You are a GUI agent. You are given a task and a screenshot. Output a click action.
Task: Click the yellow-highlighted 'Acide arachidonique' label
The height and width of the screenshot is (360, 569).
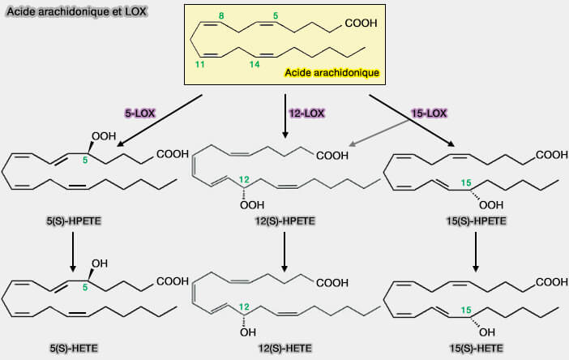click(x=332, y=73)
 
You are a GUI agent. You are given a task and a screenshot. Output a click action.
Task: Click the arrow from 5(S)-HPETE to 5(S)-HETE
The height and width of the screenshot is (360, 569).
click(x=73, y=251)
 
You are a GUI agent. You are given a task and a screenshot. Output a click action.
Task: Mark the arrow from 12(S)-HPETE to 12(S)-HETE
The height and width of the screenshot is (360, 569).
click(x=284, y=252)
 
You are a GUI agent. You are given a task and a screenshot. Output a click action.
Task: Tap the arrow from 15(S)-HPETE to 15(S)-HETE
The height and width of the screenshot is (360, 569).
click(x=475, y=252)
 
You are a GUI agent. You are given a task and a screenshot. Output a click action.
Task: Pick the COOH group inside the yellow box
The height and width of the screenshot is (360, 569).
click(x=361, y=24)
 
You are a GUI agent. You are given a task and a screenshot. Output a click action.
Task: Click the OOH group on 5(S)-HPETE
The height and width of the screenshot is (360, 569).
click(x=106, y=135)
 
